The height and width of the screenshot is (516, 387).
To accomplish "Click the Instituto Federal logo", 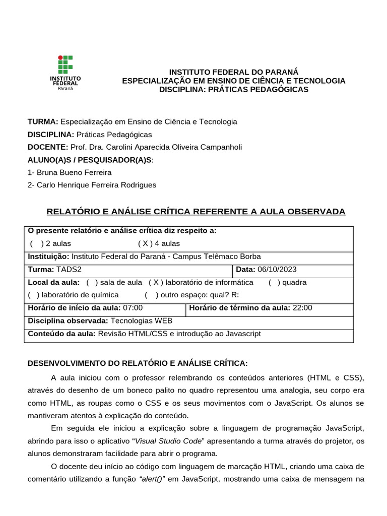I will pyautogui.click(x=65, y=72).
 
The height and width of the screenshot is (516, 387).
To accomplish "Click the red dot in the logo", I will pyautogui.click(x=60, y=57).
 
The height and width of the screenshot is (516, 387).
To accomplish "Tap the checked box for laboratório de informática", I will pyautogui.click(x=156, y=283).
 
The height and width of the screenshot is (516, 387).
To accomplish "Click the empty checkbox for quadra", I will pyautogui.click(x=275, y=283).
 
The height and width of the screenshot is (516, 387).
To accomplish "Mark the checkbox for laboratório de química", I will pyautogui.click(x=34, y=295).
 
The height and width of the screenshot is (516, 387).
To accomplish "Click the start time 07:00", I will pyautogui.click(x=133, y=308).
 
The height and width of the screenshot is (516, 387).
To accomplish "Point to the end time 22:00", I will pyautogui.click(x=302, y=308).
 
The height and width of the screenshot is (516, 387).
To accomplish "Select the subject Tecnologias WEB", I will pyautogui.click(x=141, y=321).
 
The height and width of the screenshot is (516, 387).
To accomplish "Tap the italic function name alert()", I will pyautogui.click(x=152, y=479).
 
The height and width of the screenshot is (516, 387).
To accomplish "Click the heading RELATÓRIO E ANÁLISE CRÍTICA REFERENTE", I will pyautogui.click(x=196, y=211).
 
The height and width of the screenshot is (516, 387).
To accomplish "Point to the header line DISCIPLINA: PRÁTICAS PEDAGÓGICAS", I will pyautogui.click(x=233, y=90).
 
